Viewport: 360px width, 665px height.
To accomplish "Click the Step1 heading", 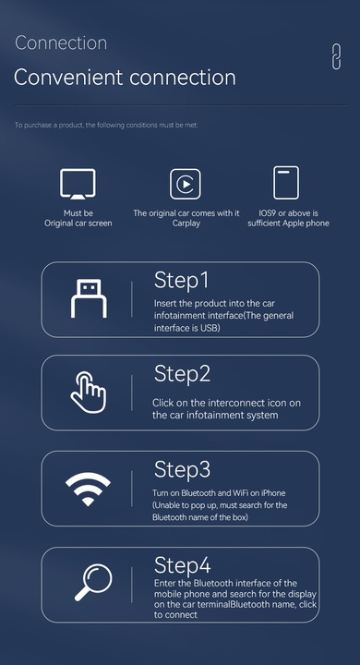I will pyautogui.click(x=182, y=281).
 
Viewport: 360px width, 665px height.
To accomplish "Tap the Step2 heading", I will pyautogui.click(x=183, y=374).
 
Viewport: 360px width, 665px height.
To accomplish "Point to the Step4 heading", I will pyautogui.click(x=183, y=564).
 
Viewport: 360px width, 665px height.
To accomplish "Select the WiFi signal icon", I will pyautogui.click(x=89, y=488).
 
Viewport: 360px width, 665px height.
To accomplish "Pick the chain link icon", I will pyautogui.click(x=335, y=55).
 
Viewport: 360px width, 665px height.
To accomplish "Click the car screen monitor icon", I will pyautogui.click(x=78, y=184).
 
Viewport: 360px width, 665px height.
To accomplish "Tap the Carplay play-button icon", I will pyautogui.click(x=186, y=184).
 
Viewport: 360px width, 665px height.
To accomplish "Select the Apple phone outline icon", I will pyautogui.click(x=287, y=184).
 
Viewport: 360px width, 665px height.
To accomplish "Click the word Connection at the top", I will pyautogui.click(x=61, y=43).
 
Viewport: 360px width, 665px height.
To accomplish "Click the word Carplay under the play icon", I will pyautogui.click(x=186, y=224).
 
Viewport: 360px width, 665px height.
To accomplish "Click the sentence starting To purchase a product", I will pyautogui.click(x=106, y=125).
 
